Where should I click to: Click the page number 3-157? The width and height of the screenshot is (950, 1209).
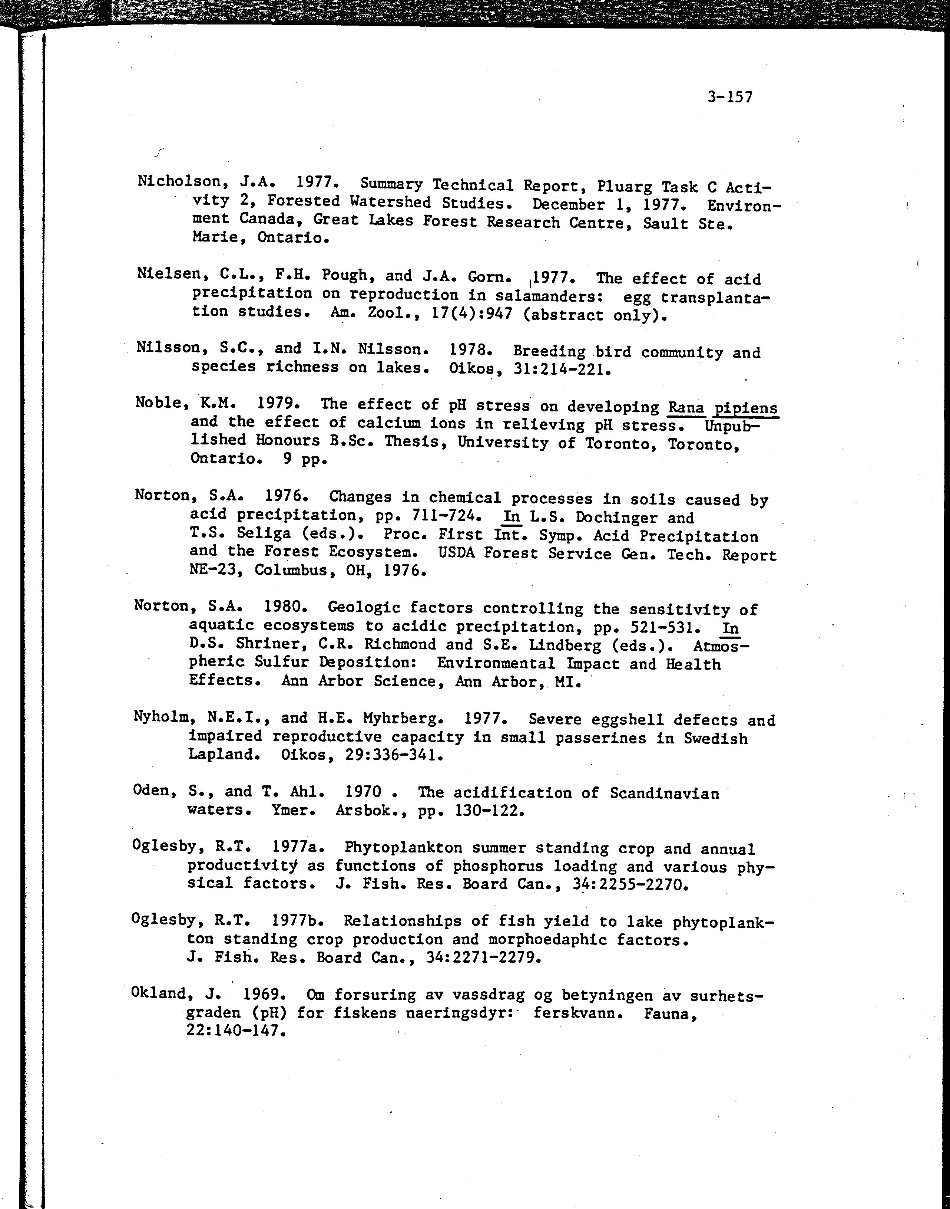tap(730, 98)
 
